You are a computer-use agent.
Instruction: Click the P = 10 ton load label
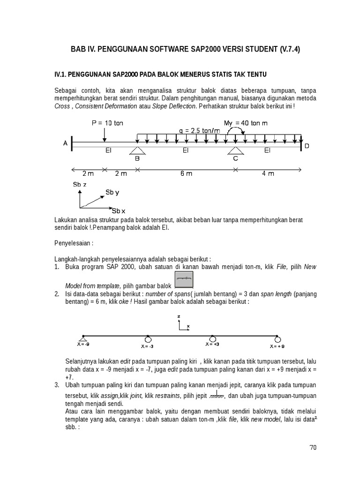(107, 123)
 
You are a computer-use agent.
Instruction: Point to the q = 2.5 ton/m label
(199, 131)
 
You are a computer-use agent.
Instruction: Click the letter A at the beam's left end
(66, 143)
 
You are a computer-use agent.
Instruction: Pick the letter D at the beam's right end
(307, 146)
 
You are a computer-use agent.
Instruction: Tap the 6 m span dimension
(186, 173)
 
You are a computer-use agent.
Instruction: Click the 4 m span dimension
(268, 173)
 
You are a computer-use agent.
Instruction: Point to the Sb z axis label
(80, 185)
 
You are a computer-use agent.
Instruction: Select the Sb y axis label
(112, 192)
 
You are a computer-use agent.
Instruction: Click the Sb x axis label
(118, 210)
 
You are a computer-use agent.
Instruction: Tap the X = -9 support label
(83, 345)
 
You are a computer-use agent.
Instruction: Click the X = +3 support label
(212, 344)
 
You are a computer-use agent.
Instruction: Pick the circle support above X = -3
(148, 338)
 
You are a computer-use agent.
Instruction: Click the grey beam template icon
(184, 280)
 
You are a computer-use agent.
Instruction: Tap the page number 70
(313, 448)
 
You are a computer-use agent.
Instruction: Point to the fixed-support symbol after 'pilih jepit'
(216, 397)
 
